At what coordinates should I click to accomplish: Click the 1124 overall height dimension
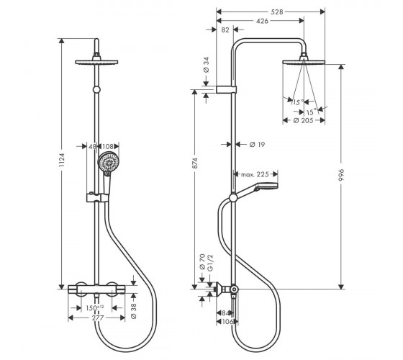(x=61, y=160)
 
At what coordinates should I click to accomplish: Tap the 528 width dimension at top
(x=277, y=12)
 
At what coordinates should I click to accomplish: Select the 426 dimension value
(x=262, y=21)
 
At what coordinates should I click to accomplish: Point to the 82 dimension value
(x=225, y=30)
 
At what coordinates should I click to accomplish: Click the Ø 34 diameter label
(x=207, y=65)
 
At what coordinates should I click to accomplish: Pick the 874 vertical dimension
(x=195, y=163)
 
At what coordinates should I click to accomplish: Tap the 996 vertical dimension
(x=341, y=175)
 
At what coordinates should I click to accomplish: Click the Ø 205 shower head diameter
(x=303, y=120)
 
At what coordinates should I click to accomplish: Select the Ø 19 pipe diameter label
(x=258, y=145)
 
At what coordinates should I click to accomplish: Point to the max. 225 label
(x=255, y=174)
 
